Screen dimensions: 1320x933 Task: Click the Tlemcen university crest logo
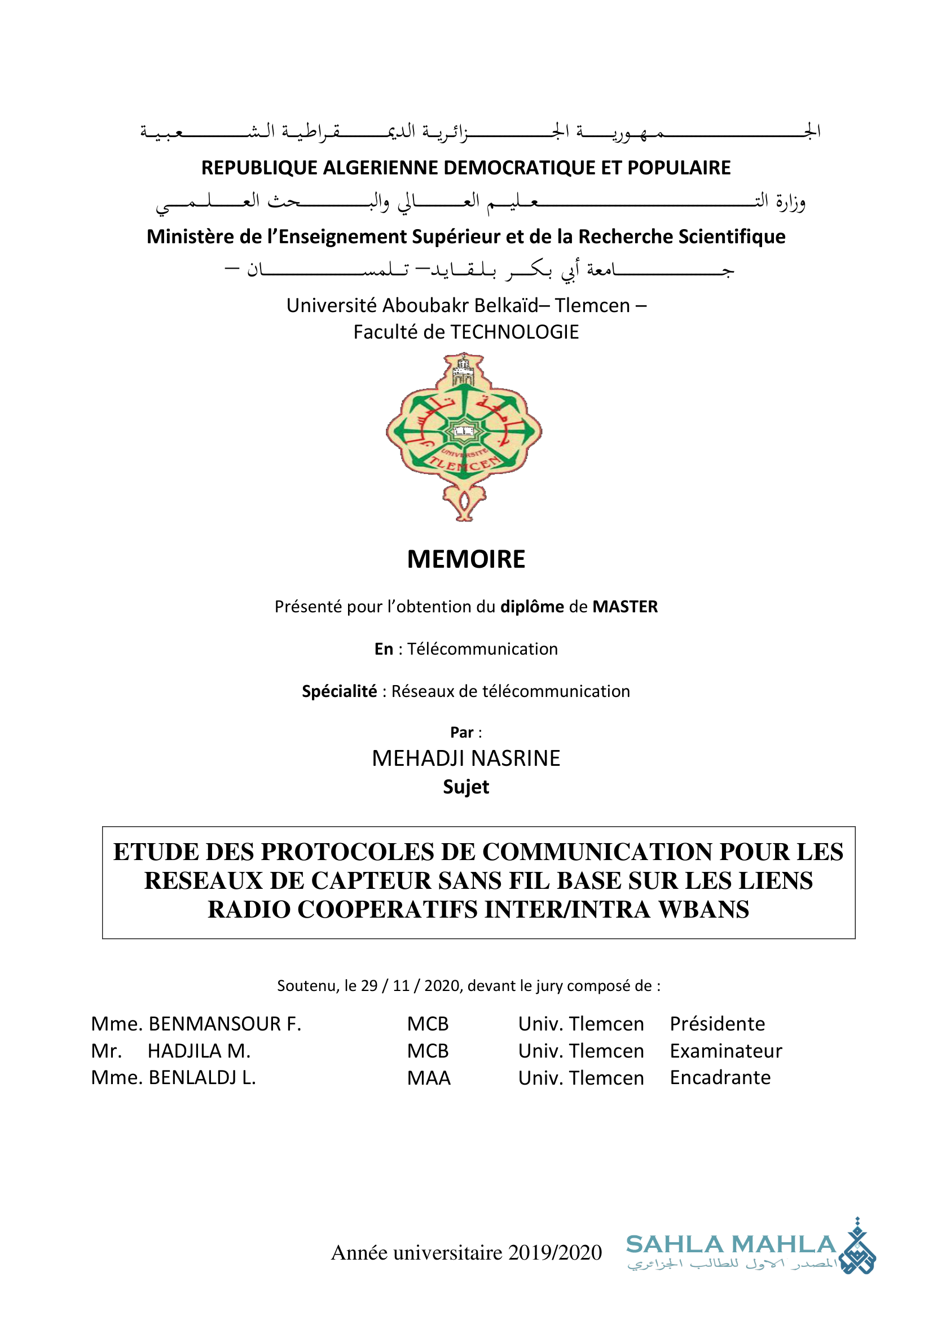tap(464, 437)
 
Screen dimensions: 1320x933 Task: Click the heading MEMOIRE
tap(466, 559)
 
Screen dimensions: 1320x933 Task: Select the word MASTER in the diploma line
tap(625, 607)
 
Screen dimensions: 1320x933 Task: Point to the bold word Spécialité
tap(340, 691)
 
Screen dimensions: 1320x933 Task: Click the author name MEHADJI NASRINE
tap(466, 758)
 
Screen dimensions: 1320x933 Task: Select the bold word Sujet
tap(466, 787)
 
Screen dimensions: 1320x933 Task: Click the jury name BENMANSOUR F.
tap(225, 1024)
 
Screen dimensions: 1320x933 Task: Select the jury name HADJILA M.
tap(199, 1051)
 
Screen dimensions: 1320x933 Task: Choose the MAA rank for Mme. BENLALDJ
tap(429, 1078)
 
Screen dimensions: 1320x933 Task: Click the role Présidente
tap(717, 1024)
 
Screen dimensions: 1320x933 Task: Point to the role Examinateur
tap(725, 1051)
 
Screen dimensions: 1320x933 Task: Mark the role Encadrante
tap(720, 1077)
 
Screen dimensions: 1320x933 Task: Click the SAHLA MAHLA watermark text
tap(730, 1245)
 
